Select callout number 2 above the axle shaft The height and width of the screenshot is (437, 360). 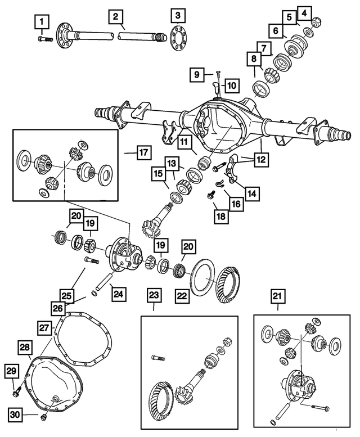(115, 17)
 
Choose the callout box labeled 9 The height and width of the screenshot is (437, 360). (197, 74)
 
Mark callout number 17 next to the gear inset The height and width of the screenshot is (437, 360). (143, 152)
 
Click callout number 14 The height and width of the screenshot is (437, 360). (253, 193)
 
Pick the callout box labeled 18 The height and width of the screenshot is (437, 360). (222, 215)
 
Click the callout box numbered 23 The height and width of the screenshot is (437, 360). (154, 295)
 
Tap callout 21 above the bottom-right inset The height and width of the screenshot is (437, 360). (278, 295)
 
